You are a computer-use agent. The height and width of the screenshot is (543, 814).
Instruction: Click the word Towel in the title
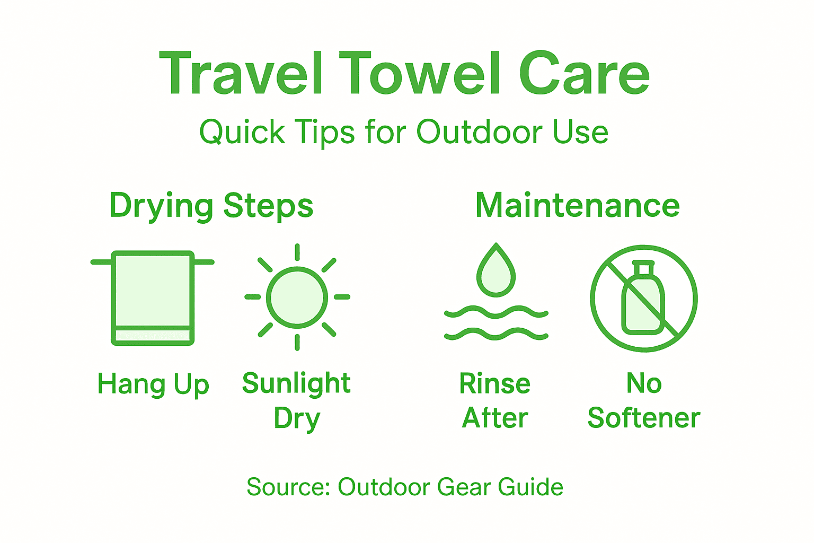pos(421,74)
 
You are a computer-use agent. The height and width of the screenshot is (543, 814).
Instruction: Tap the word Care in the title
pos(584,74)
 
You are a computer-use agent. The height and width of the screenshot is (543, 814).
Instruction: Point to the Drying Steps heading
pos(211,206)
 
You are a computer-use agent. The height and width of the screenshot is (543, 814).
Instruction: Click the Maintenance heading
pos(577,205)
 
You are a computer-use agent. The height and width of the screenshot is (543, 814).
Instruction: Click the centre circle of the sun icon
pos(297,297)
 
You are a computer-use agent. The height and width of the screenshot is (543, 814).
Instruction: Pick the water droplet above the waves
pos(496,271)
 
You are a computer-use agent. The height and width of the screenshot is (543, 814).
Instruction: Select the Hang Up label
pos(153,384)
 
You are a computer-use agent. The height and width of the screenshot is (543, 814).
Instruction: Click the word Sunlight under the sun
pos(296,383)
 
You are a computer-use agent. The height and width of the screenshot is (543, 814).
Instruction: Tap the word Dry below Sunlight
pos(297,418)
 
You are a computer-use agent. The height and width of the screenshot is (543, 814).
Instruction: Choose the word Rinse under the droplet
pos(495,383)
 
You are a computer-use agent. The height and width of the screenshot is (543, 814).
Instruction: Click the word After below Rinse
pos(495,418)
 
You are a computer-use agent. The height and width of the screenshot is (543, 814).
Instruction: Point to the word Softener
pos(644,418)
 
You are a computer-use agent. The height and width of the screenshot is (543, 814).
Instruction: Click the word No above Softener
pos(644,383)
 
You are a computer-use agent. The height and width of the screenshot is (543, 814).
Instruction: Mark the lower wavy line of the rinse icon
pos(496,334)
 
